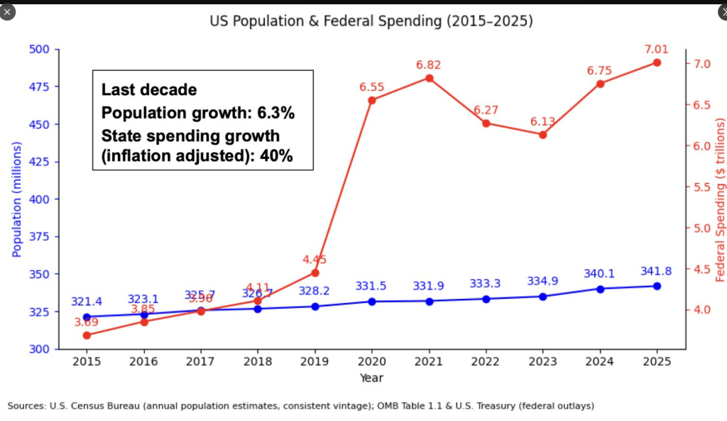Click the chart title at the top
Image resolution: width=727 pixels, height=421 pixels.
tap(371, 21)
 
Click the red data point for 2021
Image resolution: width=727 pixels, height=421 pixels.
tap(429, 77)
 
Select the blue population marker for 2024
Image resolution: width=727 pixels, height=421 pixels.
tap(600, 289)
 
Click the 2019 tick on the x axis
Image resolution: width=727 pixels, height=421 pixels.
tap(315, 361)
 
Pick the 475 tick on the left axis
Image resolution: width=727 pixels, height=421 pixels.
tap(40, 87)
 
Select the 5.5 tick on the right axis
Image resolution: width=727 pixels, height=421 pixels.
tap(703, 187)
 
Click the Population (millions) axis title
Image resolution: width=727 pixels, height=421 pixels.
tap(17, 199)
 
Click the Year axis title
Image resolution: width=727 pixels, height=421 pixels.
tap(371, 378)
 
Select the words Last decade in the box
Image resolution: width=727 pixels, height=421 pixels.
tap(149, 90)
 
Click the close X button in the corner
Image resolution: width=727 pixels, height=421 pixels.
tap(8, 12)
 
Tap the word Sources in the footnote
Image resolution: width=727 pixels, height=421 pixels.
tap(26, 406)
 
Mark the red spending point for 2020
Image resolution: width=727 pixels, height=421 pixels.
tap(371, 100)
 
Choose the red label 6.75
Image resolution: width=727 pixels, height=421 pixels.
tap(600, 70)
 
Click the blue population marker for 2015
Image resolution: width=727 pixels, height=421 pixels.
tap(87, 317)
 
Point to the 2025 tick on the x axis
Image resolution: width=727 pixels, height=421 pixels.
tap(657, 361)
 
